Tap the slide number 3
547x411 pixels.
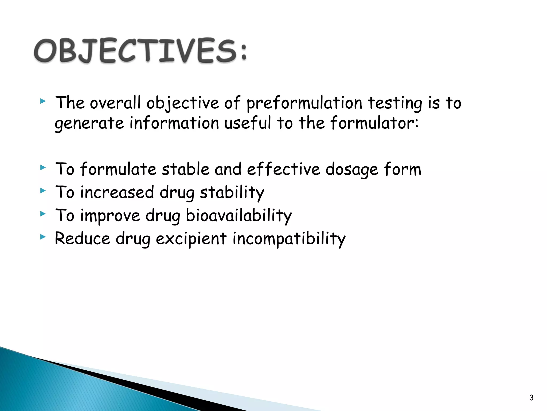pyautogui.click(x=531, y=398)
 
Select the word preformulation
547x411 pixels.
pyautogui.click(x=304, y=103)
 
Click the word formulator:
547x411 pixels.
pyautogui.click(x=374, y=123)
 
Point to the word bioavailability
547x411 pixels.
pyautogui.click(x=239, y=216)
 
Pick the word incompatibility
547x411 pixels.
pyautogui.click(x=289, y=239)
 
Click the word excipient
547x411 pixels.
pyautogui.click(x=191, y=239)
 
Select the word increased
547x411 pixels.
pyautogui.click(x=117, y=192)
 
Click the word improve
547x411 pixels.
pyautogui.click(x=110, y=216)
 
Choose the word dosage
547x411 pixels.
pyautogui.click(x=352, y=170)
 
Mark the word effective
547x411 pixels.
pyautogui.click(x=283, y=169)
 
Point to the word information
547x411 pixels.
pyautogui.click(x=174, y=123)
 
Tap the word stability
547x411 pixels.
pyautogui.click(x=232, y=193)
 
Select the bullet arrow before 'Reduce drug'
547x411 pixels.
pyautogui.click(x=43, y=237)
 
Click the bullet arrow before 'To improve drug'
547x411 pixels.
pyautogui.click(x=43, y=214)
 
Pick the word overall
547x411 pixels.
pyautogui.click(x=115, y=103)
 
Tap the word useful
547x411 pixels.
pyautogui.click(x=247, y=123)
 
